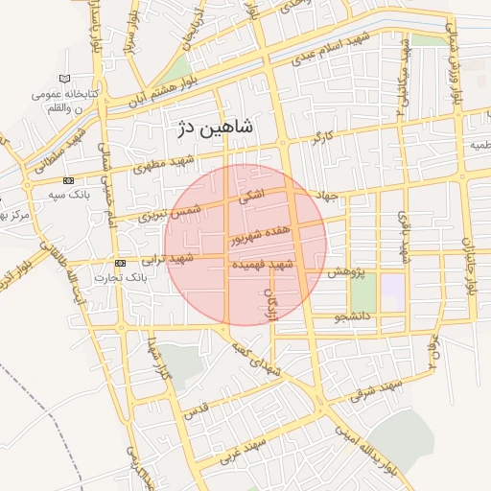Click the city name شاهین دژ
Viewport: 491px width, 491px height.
tap(213, 127)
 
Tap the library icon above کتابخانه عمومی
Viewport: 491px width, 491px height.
tap(64, 79)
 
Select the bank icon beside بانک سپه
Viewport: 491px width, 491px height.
tap(68, 180)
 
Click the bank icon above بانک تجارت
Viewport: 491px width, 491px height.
tap(120, 263)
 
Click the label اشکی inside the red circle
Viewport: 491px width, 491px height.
tap(248, 199)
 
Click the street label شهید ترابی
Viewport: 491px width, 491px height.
tap(169, 259)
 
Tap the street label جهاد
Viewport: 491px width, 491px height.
tap(329, 197)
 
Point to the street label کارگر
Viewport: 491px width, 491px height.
tap(323, 140)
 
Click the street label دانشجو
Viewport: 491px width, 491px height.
tap(354, 316)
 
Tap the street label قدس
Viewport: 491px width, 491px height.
tap(195, 413)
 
